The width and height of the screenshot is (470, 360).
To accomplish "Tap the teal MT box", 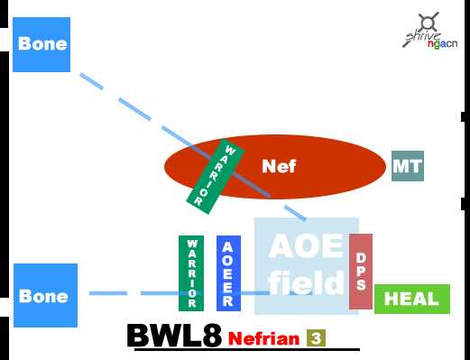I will pos(408,166).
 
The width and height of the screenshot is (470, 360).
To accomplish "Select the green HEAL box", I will pos(411,299).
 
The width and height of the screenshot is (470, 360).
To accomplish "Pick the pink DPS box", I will pos(361,271).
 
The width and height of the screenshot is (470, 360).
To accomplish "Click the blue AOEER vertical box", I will pos(228,272).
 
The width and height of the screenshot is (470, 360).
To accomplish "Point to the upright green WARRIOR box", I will pos(191,272).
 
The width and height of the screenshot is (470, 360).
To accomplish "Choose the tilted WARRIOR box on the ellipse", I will pos(208,177).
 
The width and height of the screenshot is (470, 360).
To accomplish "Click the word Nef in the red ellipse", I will pos(279,166).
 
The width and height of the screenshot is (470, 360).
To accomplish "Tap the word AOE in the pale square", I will pos(306,245).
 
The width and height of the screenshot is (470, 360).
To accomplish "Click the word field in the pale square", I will pos(307,283).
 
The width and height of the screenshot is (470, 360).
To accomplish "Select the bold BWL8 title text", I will pos(174,336).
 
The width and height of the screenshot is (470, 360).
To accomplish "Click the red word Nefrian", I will pos(263,339).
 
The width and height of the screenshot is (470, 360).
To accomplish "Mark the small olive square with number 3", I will pos(316,338).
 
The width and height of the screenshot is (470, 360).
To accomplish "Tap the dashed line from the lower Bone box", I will pos(135,293).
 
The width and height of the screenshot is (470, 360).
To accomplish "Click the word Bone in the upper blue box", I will pos(42,43).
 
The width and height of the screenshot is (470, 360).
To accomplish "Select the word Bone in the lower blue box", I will pos(43,296).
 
